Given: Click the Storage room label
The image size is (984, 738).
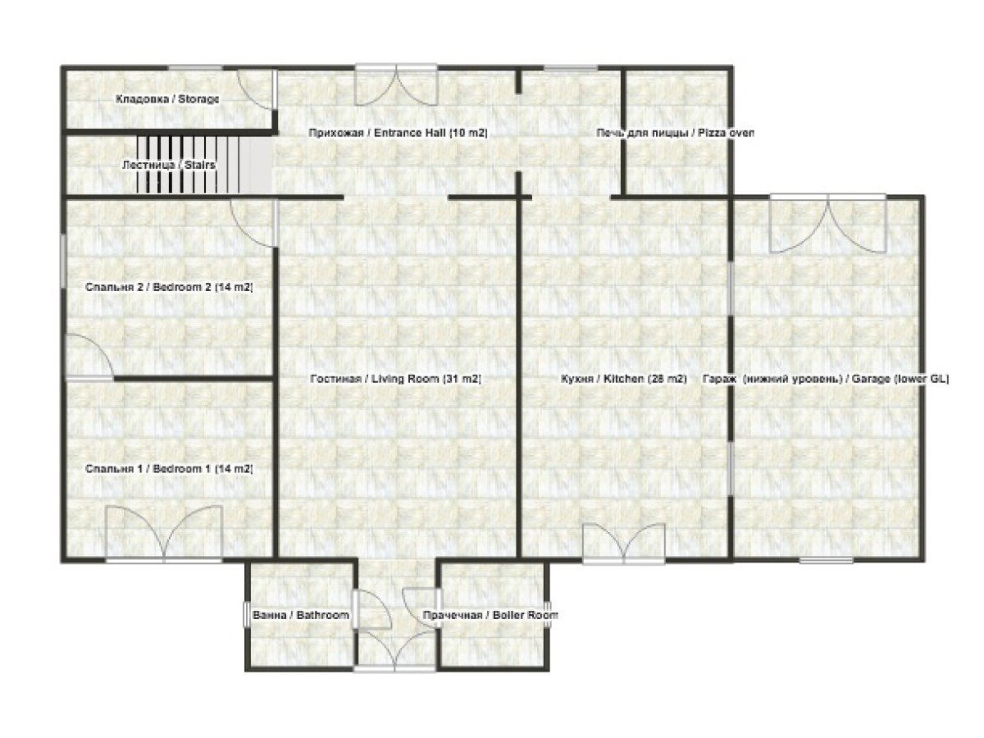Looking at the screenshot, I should pyautogui.click(x=167, y=99).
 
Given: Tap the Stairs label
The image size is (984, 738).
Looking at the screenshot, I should pyautogui.click(x=168, y=165).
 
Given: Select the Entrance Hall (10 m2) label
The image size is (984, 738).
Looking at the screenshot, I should pyautogui.click(x=398, y=132).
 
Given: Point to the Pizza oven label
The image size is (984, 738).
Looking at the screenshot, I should pyautogui.click(x=674, y=132).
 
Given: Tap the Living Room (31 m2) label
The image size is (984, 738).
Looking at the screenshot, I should pyautogui.click(x=395, y=380).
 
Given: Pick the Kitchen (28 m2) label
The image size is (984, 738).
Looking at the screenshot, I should pyautogui.click(x=623, y=380).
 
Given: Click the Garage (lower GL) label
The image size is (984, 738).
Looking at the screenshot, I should pyautogui.click(x=826, y=380).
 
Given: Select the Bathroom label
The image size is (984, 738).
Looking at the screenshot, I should pyautogui.click(x=300, y=615).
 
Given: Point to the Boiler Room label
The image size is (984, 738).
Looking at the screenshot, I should pyautogui.click(x=490, y=615).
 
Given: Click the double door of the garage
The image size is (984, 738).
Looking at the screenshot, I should pyautogui.click(x=828, y=223).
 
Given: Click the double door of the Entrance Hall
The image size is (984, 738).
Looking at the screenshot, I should pyautogui.click(x=397, y=84).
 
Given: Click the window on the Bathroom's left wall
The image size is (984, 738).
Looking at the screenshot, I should pyautogui.click(x=246, y=615).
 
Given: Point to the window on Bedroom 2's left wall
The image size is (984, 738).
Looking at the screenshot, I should pyautogui.click(x=64, y=261).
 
